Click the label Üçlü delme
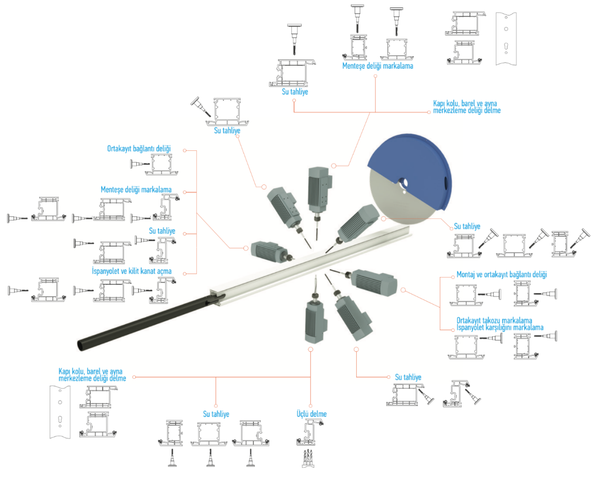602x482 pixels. tap(311, 414)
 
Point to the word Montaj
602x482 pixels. tap(466, 275)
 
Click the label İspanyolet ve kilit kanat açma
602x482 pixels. tap(132, 271)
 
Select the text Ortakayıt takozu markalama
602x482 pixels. tap(494, 320)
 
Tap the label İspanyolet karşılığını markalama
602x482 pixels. tap(500, 328)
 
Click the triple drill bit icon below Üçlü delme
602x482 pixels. tap(308, 458)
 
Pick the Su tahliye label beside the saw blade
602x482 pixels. tap(467, 226)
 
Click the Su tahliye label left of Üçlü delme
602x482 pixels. tap(216, 414)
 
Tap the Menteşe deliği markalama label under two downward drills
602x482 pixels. tap(378, 66)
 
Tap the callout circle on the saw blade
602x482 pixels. tap(383, 218)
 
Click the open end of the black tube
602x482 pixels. tap(81, 345)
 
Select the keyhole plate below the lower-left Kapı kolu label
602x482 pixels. tap(60, 411)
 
